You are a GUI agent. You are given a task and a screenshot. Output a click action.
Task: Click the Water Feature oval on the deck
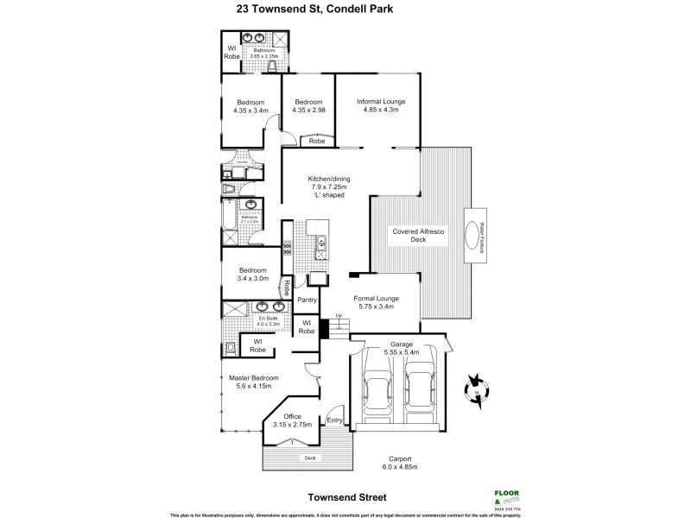click(x=478, y=237)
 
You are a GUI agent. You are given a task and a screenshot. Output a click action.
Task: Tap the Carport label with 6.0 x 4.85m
click(x=398, y=463)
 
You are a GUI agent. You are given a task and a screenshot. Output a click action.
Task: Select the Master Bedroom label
click(x=253, y=382)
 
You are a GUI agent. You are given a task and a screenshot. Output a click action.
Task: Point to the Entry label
click(x=336, y=420)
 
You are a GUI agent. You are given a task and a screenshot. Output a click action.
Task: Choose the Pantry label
click(x=307, y=300)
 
